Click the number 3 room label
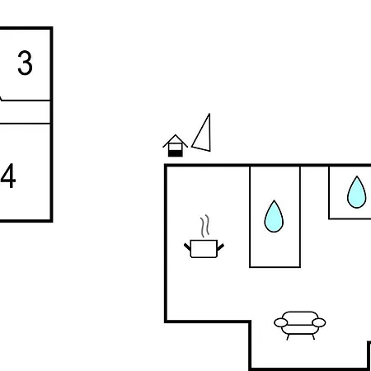[x=25, y=63]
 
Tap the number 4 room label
[x=8, y=176]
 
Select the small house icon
[x=175, y=146]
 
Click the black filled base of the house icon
[x=175, y=153]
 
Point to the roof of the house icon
[x=175, y=140]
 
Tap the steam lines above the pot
[x=204, y=226]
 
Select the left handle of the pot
[x=187, y=247]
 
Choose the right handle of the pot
[x=220, y=247]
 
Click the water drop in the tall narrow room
[x=274, y=217]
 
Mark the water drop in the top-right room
[x=357, y=192]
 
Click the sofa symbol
[x=300, y=326]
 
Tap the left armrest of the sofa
[x=280, y=322]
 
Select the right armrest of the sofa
[x=319, y=322]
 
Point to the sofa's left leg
[x=288, y=337]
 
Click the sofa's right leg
[x=313, y=337]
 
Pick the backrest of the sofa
[x=300, y=316]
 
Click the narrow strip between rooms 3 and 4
[x=25, y=112]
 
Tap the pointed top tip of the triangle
[x=209, y=114]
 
